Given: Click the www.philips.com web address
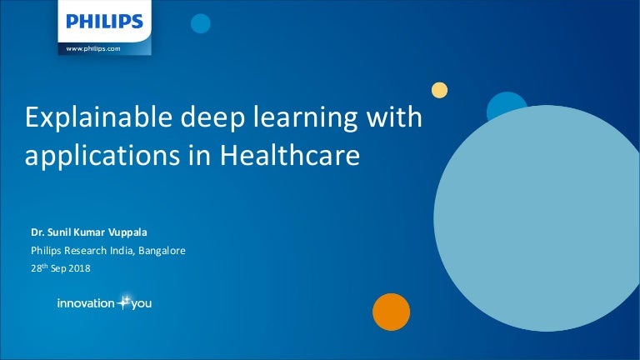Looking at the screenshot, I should click(x=94, y=50).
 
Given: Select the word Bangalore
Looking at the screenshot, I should click(x=159, y=249).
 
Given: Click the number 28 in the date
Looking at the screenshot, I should click(x=36, y=268).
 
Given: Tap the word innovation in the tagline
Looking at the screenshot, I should click(x=85, y=303).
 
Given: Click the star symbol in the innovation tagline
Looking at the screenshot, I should click(x=125, y=302).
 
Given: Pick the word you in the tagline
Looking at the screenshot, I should click(x=141, y=304).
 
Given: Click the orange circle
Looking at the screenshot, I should click(x=392, y=312).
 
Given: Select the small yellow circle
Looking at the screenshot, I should click(x=439, y=90).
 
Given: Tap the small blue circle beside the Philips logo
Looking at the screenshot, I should click(x=200, y=24).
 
